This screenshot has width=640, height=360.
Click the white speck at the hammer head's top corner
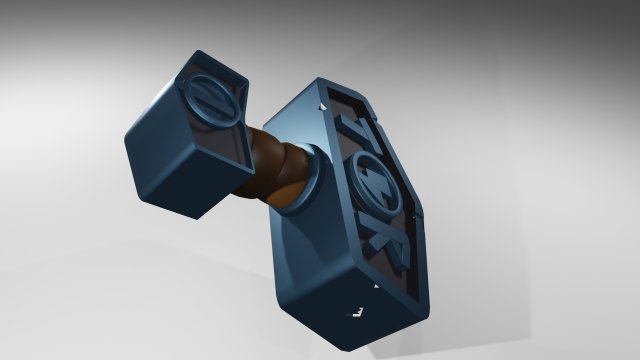click(x=323, y=101)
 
